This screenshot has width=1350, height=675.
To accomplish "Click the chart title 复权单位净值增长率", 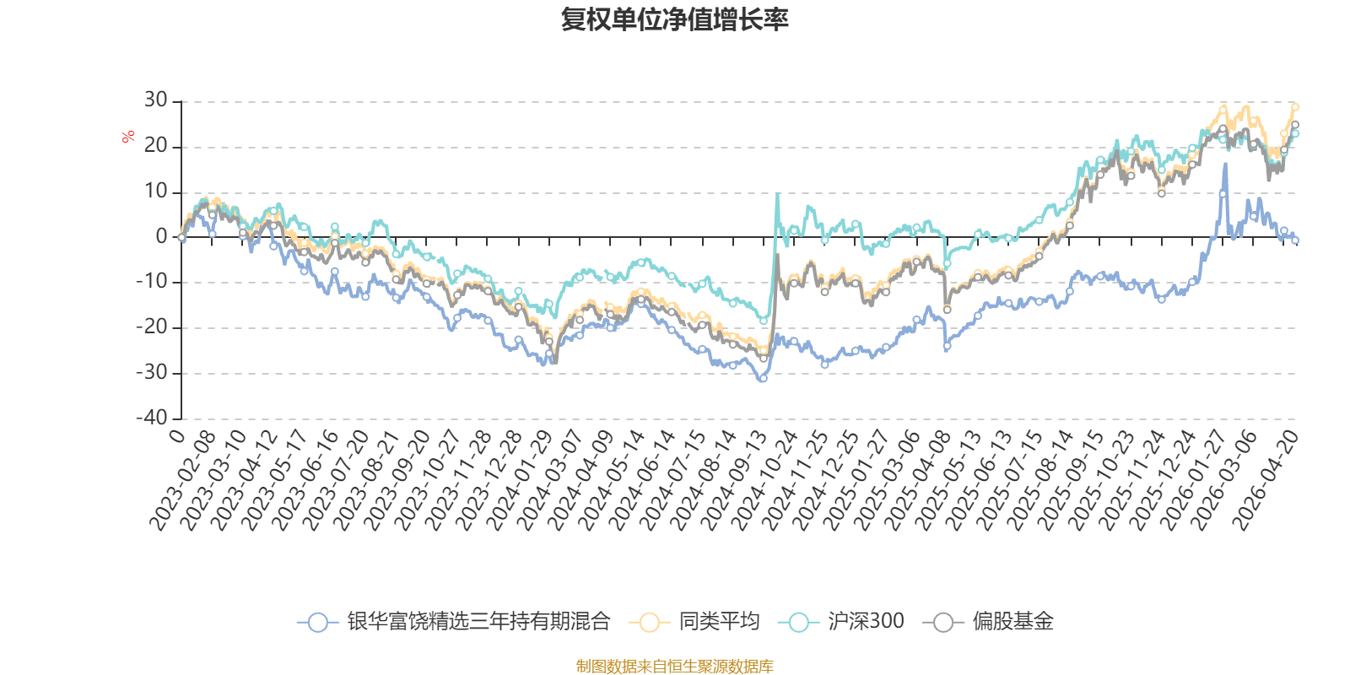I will click(675, 19).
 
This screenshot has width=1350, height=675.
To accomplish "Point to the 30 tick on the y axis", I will click(155, 100).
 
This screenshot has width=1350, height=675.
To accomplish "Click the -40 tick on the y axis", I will click(151, 418).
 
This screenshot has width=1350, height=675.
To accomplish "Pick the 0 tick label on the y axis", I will click(161, 237).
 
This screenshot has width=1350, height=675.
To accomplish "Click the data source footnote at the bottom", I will click(675, 667).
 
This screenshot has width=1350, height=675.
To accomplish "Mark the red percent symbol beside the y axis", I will click(128, 137).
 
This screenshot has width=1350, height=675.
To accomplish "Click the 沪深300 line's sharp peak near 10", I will click(777, 194).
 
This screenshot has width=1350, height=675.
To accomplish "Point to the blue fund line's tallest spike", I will click(1225, 164).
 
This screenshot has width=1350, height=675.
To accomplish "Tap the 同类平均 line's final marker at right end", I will click(1295, 107).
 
